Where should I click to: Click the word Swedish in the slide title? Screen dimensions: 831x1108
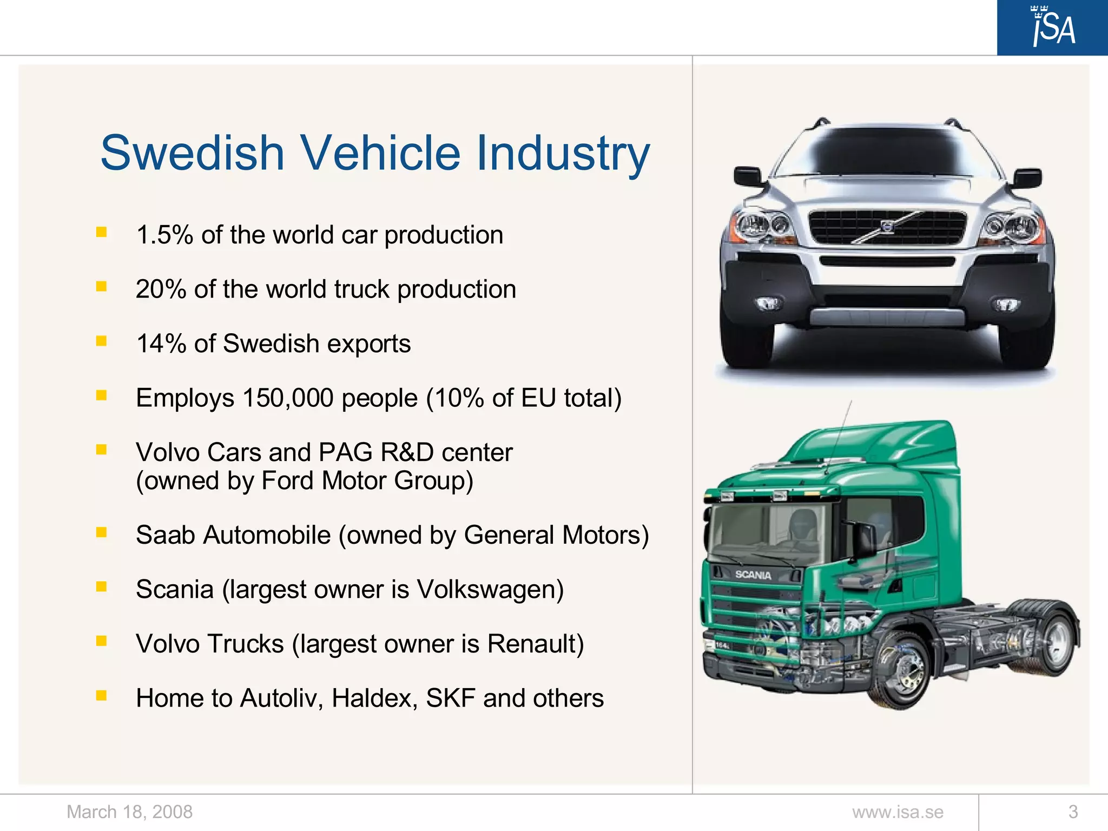pos(193,153)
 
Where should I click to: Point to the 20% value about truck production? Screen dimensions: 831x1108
pos(161,289)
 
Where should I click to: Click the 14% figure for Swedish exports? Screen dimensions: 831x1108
pos(161,344)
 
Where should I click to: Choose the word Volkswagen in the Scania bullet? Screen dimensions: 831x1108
pos(490,590)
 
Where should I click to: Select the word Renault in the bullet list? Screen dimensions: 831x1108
pos(535,644)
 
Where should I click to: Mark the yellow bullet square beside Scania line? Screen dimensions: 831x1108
pos(101,586)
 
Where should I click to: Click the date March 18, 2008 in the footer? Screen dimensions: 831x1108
pos(129,812)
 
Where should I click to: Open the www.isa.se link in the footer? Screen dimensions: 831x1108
pos(898,812)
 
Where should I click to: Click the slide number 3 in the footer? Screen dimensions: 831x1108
pos(1073,812)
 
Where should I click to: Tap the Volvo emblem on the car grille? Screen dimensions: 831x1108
pos(887,227)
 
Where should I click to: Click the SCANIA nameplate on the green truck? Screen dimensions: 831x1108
pos(753,575)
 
